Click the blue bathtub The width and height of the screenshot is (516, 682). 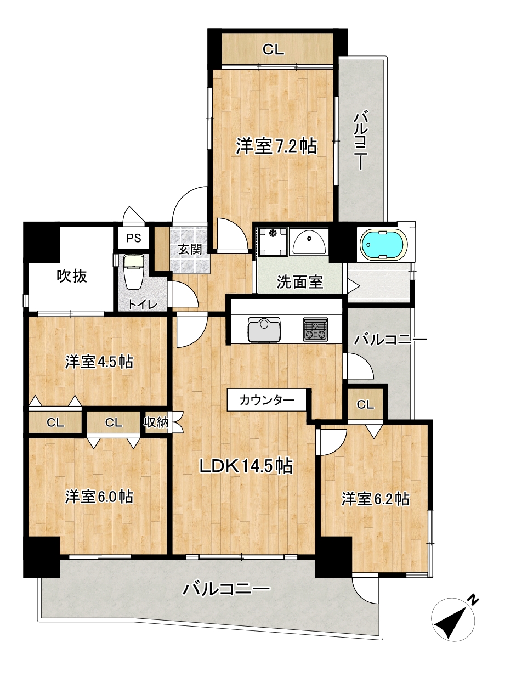383,244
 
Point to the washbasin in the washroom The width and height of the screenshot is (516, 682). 310,241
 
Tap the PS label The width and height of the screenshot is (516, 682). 133,239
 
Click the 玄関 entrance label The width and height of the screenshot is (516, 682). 190,249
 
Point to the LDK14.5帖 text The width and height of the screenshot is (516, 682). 245,466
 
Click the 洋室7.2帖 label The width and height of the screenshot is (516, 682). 276,146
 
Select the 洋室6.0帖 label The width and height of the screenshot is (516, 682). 99,497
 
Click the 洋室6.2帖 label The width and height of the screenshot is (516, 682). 376,499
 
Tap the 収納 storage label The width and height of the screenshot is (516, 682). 155,422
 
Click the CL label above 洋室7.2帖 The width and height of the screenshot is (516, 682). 273,50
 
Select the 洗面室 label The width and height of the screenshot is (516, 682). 299,282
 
